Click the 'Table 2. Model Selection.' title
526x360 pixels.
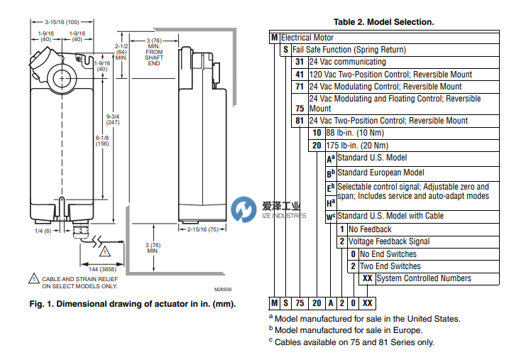385,22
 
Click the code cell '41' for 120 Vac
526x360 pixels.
300,75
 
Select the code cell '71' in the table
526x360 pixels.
300,87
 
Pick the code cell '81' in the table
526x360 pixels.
300,121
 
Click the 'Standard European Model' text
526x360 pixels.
380,173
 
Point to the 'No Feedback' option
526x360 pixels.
370,229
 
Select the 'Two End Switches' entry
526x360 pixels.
390,266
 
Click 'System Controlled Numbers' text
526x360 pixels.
423,278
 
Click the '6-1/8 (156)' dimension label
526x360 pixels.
102,142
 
